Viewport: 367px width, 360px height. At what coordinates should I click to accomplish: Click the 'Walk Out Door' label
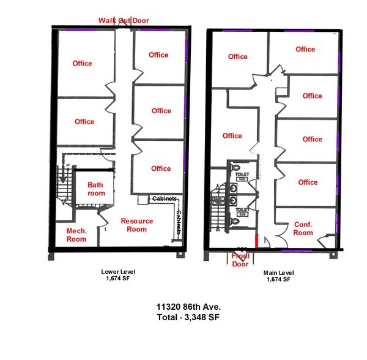click(124, 20)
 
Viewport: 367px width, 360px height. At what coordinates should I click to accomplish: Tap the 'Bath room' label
click(95, 189)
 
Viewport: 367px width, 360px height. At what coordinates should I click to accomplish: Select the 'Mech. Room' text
click(77, 235)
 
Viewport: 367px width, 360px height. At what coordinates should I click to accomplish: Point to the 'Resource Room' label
click(136, 225)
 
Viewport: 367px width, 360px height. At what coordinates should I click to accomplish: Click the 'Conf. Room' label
click(303, 228)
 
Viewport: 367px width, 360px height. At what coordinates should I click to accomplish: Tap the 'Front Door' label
click(240, 260)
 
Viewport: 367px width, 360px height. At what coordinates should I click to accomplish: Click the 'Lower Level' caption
click(118, 271)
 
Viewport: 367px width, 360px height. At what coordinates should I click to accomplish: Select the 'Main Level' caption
click(279, 272)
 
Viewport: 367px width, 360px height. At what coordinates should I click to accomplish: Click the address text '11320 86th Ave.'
click(184, 306)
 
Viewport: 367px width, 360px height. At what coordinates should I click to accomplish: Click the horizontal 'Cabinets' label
click(165, 198)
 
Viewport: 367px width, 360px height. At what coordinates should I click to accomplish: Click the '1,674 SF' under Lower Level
click(118, 279)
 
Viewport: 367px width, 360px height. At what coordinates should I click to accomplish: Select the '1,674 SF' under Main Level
click(279, 279)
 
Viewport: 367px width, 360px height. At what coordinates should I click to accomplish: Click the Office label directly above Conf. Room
click(308, 182)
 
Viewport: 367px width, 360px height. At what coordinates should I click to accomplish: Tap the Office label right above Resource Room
click(161, 168)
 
